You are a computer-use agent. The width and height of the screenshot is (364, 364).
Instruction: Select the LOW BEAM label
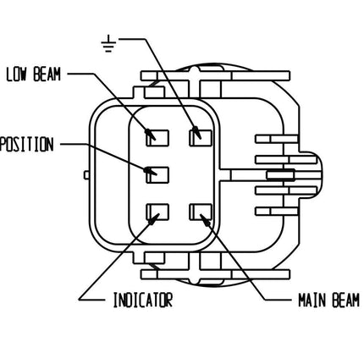pos(34,74)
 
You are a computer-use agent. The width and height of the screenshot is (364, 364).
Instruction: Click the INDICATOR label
pos(142,299)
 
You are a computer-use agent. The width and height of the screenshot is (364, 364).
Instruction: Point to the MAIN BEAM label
pos(328,299)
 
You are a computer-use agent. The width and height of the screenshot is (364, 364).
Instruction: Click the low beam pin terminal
pos(157,135)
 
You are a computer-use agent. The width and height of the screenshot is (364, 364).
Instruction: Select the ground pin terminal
pos(200,135)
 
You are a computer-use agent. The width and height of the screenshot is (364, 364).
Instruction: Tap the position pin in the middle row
pos(157,173)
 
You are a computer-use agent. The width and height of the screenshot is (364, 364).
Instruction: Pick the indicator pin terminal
pos(157,212)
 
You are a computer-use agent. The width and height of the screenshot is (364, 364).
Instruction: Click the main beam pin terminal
pos(201,212)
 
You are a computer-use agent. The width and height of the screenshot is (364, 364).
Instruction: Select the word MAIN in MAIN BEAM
pos(311,299)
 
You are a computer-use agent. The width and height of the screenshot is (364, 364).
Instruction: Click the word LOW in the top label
pos(17,74)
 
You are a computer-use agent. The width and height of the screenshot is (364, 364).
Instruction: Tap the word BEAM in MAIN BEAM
pos(345,299)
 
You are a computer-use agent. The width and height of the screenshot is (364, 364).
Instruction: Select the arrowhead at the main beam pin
pos(202,216)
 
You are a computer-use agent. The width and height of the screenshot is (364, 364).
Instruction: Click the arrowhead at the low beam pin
pos(152,133)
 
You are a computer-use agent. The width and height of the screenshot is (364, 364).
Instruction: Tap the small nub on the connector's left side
pos(88,175)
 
